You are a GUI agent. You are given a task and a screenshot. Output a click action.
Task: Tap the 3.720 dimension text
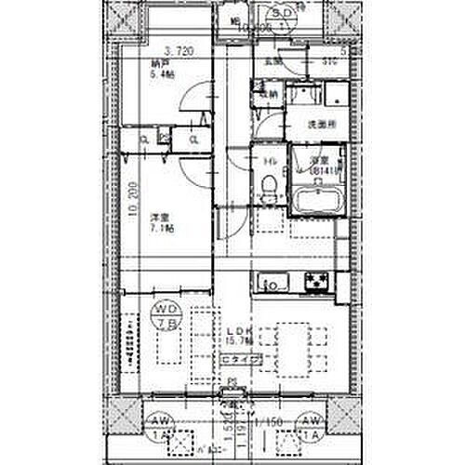[178, 52]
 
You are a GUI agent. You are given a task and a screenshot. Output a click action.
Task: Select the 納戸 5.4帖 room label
[164, 70]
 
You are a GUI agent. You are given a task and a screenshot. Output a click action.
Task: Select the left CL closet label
[144, 139]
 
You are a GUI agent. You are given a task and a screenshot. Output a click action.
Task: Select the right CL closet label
[194, 139]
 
